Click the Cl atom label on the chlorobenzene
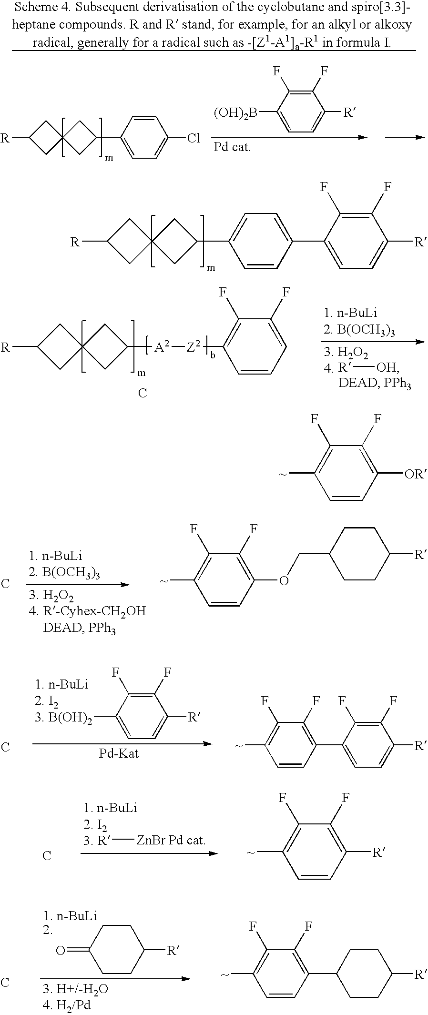(194, 139)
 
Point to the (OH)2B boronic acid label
(235, 113)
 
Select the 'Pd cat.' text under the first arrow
(232, 147)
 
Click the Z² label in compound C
(193, 348)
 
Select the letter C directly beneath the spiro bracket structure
(143, 393)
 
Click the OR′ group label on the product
(414, 475)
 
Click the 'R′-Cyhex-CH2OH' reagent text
(94, 611)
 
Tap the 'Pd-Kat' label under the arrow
(119, 753)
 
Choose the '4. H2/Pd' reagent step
(66, 1005)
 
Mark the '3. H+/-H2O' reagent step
(75, 989)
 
